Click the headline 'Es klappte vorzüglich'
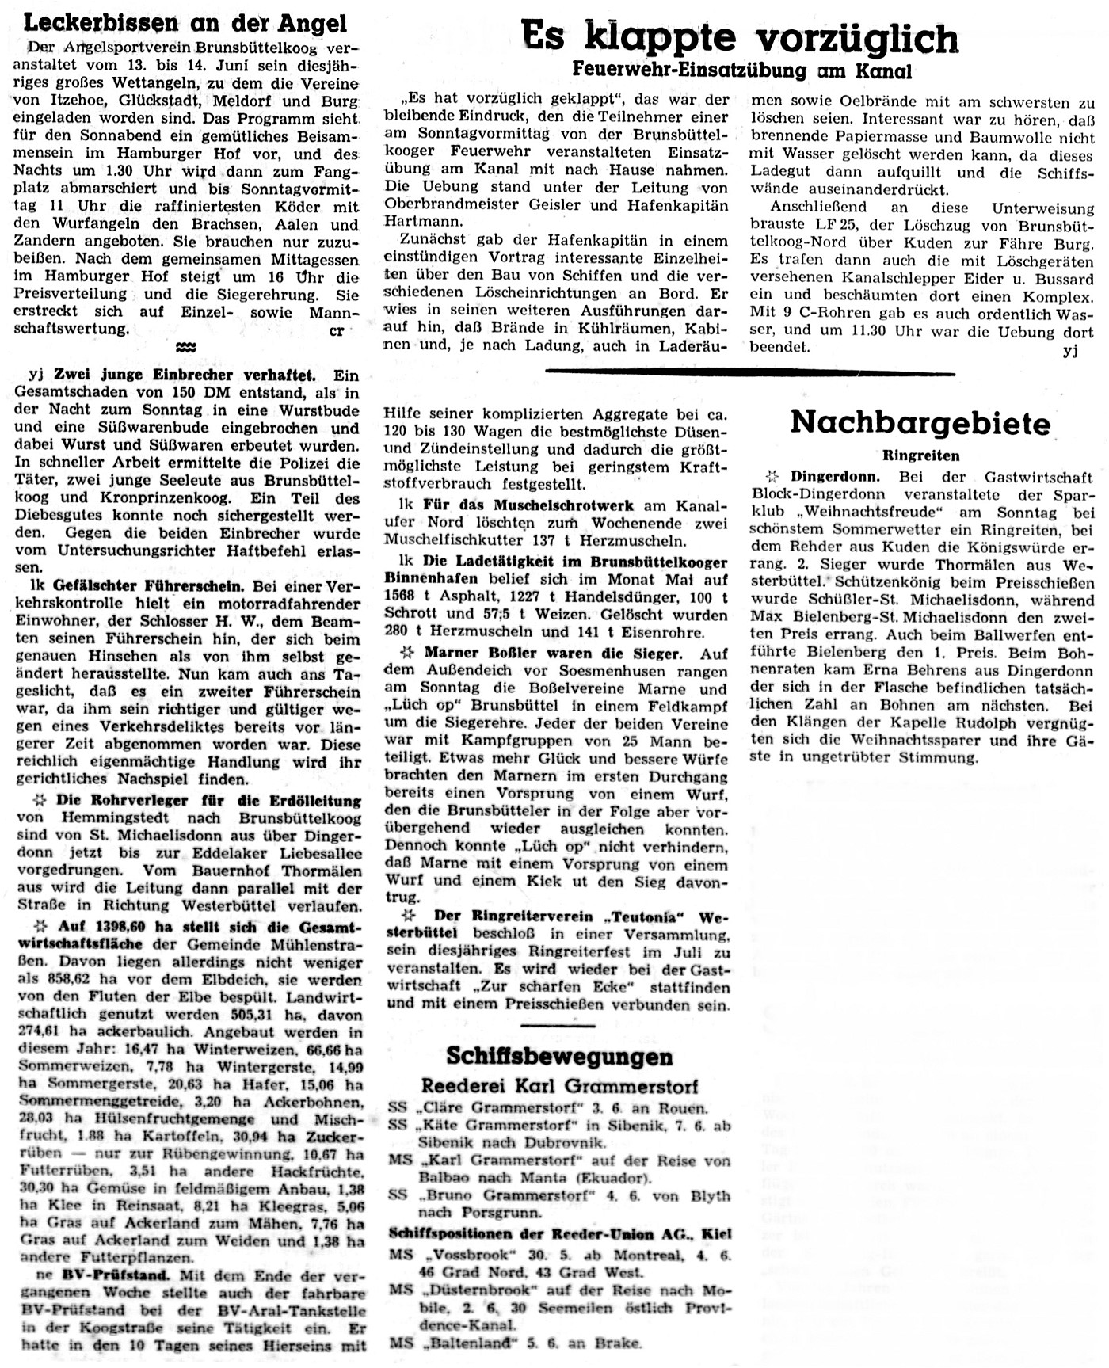click(741, 37)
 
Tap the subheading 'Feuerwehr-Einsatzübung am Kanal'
click(741, 71)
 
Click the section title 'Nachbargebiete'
click(920, 423)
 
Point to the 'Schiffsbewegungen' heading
click(559, 1056)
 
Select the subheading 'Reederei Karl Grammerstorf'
click(559, 1085)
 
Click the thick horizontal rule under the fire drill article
click(750, 372)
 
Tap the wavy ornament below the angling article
click(185, 347)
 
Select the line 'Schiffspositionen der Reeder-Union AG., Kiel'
click(559, 1234)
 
